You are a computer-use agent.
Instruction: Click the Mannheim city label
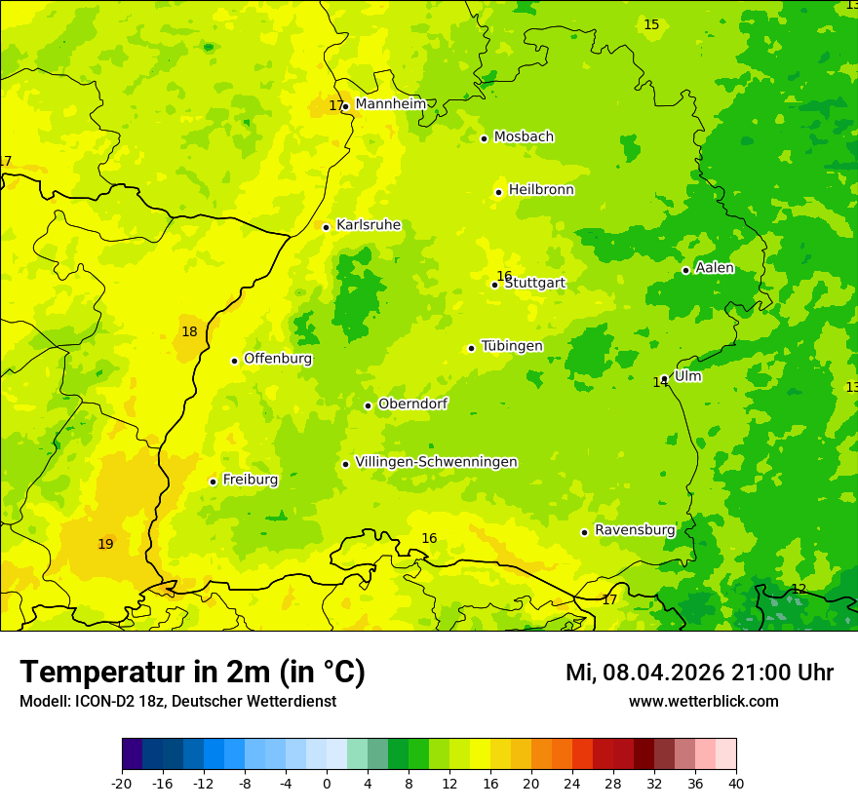click(x=390, y=104)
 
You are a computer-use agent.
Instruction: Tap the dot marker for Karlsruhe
click(x=326, y=227)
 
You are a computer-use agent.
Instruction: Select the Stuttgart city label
click(x=534, y=284)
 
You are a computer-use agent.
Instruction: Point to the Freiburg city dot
click(x=213, y=482)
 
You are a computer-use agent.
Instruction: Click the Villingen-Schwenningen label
click(x=436, y=462)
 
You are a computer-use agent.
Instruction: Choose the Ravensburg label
click(x=634, y=530)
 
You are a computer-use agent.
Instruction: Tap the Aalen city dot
click(x=685, y=270)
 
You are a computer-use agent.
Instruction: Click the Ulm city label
click(x=687, y=376)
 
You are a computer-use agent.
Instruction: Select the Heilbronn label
click(x=541, y=190)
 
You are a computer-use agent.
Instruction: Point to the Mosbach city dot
click(x=484, y=138)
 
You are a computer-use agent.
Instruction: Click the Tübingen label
click(x=512, y=346)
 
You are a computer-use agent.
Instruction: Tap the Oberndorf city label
click(x=412, y=404)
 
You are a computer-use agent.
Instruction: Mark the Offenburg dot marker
click(x=234, y=361)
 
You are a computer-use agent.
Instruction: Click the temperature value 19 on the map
click(x=105, y=544)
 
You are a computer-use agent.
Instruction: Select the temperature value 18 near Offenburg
click(x=189, y=331)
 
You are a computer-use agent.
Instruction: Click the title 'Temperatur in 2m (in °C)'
click(x=192, y=673)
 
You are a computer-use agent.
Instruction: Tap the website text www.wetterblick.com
click(x=703, y=701)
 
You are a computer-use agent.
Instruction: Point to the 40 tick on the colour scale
click(x=736, y=783)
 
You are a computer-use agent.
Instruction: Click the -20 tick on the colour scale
click(x=122, y=783)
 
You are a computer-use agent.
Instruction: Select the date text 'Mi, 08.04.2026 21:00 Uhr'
click(x=699, y=673)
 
